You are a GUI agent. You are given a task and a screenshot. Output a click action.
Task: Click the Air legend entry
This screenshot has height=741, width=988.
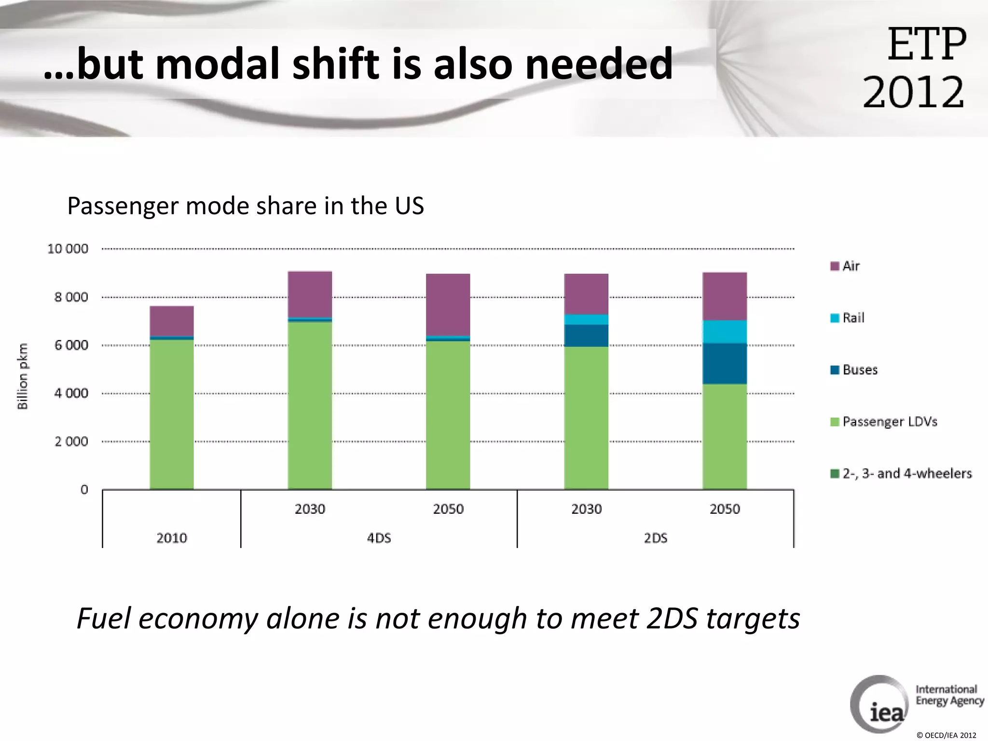click(845, 266)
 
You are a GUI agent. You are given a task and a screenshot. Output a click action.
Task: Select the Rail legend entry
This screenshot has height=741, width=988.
click(848, 318)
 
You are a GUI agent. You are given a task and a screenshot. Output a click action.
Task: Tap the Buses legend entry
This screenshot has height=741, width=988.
click(854, 370)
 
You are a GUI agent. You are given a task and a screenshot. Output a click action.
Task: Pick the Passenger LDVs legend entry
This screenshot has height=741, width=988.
click(884, 422)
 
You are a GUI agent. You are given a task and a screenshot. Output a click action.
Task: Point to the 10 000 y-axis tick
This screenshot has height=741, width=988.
click(68, 249)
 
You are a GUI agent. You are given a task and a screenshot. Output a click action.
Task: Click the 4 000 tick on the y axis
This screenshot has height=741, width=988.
click(71, 393)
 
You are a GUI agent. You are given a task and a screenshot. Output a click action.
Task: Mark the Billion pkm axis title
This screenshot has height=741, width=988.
click(23, 376)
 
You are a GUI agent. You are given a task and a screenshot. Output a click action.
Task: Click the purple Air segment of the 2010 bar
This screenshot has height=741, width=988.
click(172, 321)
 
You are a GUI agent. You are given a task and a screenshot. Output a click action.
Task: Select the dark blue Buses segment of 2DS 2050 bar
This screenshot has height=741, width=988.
click(725, 363)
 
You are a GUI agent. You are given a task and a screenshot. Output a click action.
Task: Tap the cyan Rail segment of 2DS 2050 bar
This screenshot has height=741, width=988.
click(725, 331)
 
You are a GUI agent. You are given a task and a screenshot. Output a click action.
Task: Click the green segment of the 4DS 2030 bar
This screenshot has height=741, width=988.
click(310, 405)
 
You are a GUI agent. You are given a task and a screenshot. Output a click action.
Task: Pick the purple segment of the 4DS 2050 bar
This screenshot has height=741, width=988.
click(448, 304)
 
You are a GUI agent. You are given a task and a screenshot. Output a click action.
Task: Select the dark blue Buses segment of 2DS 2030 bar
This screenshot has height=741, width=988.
click(586, 335)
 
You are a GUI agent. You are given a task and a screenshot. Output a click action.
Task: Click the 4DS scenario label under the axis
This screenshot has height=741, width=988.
click(379, 538)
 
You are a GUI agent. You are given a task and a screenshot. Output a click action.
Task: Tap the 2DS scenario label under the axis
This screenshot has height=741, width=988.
click(656, 538)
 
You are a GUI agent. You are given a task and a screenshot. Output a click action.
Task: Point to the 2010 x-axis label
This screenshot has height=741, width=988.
click(172, 538)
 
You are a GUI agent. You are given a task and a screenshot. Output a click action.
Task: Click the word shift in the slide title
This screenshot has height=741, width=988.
click(336, 64)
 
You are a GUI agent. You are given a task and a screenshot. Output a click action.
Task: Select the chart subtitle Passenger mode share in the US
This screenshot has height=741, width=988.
click(246, 206)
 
